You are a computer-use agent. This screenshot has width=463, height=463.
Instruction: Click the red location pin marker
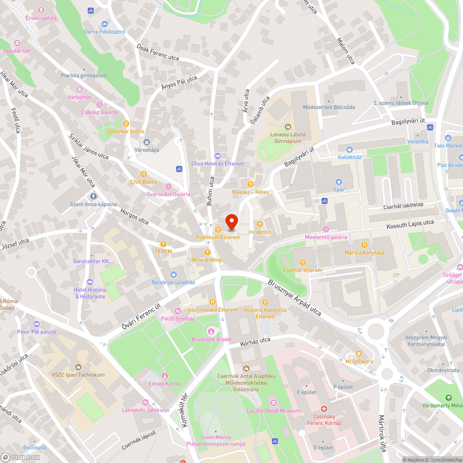pos(231,222)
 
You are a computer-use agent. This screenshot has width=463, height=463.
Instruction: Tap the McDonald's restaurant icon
pos(358,354)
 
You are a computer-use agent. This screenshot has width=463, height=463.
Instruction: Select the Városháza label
pos(147,150)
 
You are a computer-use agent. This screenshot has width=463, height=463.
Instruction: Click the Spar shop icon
pos(339,182)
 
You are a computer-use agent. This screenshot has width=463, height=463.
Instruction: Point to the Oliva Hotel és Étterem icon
pos(218,156)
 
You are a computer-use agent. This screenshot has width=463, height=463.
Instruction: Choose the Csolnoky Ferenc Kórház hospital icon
pos(324,409)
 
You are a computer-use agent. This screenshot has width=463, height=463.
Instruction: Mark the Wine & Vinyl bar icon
pos(207,252)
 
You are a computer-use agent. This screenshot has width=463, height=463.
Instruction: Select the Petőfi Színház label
pos(177,319)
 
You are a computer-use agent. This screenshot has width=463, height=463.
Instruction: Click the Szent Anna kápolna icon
pos(94,196)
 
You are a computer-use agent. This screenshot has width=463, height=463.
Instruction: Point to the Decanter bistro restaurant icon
pos(125,124)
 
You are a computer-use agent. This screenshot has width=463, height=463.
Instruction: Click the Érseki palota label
pos(41,18)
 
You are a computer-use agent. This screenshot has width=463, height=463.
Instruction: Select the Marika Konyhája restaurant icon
pos(364,244)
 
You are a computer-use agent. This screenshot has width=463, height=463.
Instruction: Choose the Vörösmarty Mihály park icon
pos(448,398)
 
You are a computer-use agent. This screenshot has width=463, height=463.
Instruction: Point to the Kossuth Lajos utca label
pos(410,225)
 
